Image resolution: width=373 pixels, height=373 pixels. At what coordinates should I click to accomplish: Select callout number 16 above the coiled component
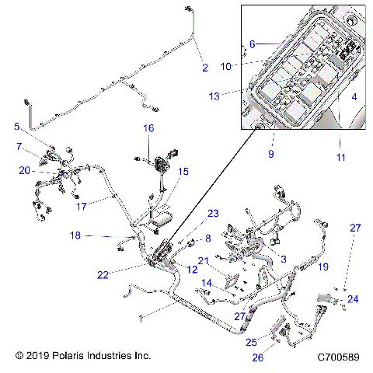coord(148,127)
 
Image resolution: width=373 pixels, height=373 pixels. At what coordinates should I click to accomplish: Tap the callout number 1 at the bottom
coord(141,317)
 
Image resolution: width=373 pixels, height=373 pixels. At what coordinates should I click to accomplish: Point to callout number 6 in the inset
coord(253,45)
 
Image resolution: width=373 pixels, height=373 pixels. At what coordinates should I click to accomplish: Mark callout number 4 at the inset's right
coord(354,97)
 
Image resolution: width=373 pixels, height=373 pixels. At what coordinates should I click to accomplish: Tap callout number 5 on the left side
coord(17,126)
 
